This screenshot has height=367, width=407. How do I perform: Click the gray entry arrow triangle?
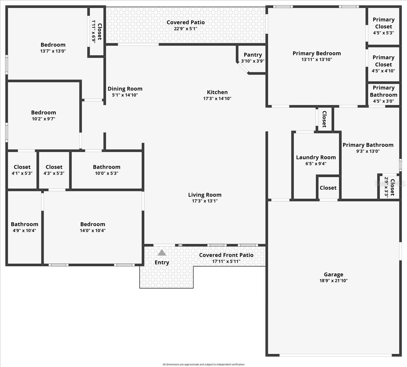(x=162, y=252)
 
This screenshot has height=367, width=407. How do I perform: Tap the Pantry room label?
(x=253, y=55)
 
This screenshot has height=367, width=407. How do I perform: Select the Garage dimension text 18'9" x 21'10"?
(x=333, y=281)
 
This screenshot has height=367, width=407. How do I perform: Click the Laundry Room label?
(x=316, y=157)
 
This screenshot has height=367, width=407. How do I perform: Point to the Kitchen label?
(x=217, y=92)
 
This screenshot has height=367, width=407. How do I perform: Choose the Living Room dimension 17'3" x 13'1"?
(x=205, y=201)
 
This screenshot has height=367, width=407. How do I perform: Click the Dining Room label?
(x=125, y=89)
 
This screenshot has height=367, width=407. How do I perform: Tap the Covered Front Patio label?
(x=226, y=255)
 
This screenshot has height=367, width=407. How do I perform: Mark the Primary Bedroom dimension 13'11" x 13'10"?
(x=316, y=60)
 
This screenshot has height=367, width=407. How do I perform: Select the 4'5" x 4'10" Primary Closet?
(x=383, y=64)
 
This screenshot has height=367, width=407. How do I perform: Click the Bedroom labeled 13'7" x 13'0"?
(x=53, y=48)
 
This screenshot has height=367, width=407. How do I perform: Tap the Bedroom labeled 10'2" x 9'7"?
(x=43, y=116)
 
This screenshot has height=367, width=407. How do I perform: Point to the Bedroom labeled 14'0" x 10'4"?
(x=93, y=227)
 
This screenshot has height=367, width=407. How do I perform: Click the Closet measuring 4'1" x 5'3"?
(x=22, y=170)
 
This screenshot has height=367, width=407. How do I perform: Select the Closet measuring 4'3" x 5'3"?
(x=54, y=170)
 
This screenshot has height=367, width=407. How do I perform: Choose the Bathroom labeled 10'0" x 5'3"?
(x=106, y=170)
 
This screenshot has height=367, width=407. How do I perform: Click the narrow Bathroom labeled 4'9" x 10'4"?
(x=24, y=227)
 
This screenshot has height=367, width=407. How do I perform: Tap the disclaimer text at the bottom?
(x=203, y=365)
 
